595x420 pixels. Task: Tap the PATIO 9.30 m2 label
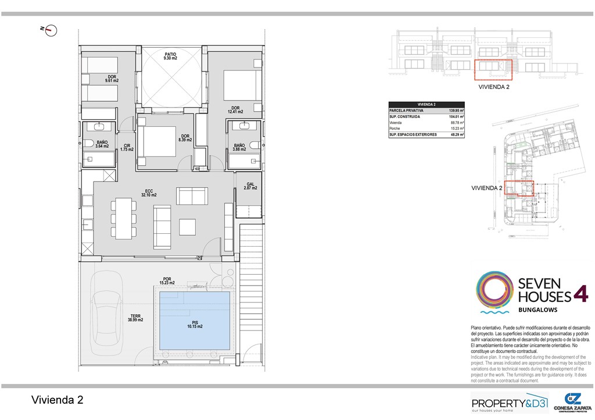pyautogui.click(x=170, y=56)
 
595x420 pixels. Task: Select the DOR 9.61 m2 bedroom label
pyautogui.click(x=112, y=79)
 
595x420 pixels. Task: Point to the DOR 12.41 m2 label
pyautogui.click(x=235, y=109)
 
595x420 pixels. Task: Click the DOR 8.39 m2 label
pyautogui.click(x=185, y=138)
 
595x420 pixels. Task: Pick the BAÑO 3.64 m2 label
pyautogui.click(x=102, y=144)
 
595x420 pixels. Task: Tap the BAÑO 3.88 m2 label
pyautogui.click(x=239, y=148)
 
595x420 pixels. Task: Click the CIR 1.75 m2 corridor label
pyautogui.click(x=127, y=148)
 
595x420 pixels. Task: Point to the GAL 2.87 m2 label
pyautogui.click(x=250, y=186)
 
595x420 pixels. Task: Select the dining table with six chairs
pyautogui.click(x=124, y=218)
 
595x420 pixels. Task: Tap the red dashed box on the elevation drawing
pyautogui.click(x=493, y=69)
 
